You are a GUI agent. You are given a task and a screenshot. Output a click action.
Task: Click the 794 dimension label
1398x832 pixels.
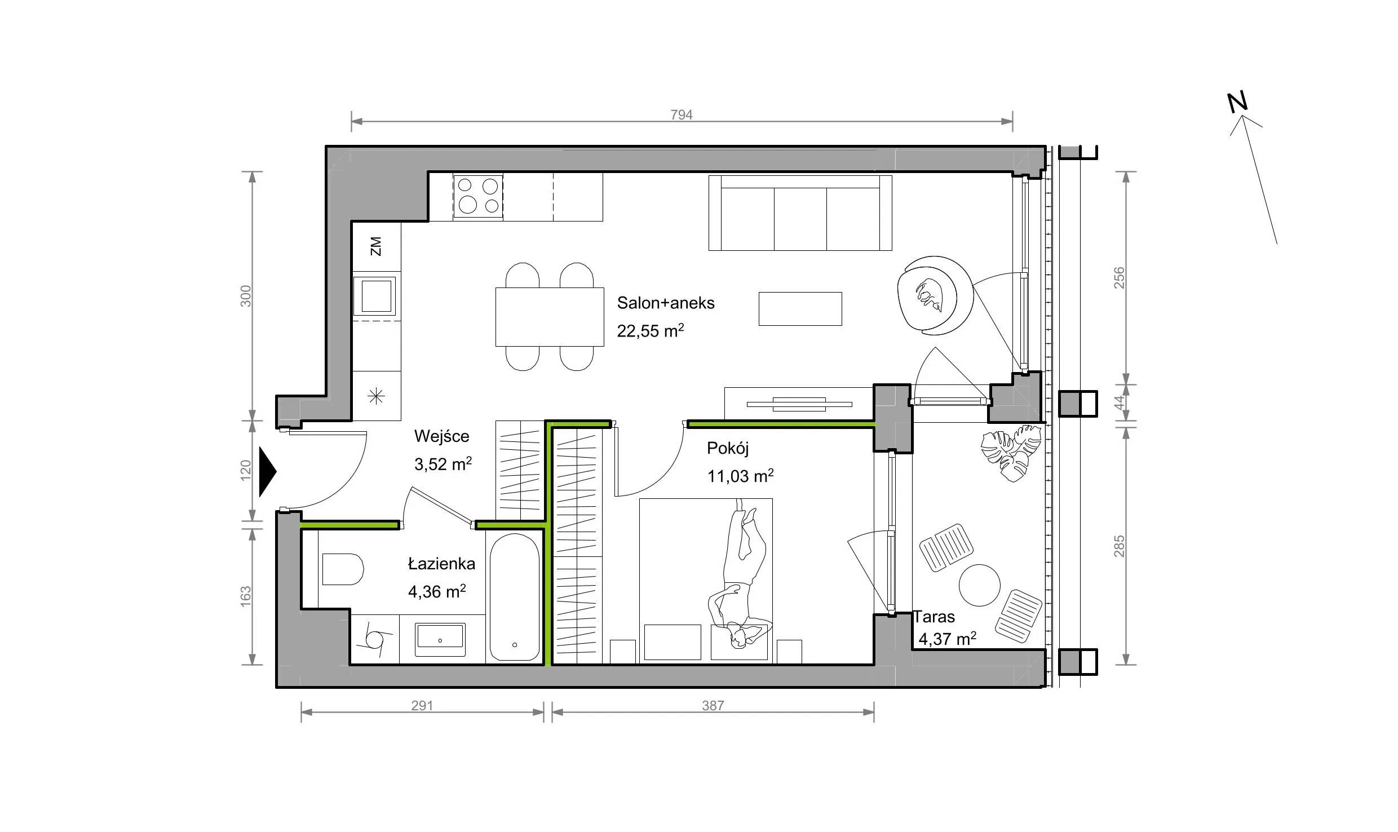pos(681,115)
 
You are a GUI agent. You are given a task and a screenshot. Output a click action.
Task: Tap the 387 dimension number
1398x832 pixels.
pos(713,706)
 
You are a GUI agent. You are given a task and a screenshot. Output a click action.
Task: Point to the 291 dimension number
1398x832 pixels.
pos(422,706)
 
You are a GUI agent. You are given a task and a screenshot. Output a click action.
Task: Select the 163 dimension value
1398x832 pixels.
pos(246,597)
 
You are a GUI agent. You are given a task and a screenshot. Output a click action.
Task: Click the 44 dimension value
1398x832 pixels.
pos(1119,402)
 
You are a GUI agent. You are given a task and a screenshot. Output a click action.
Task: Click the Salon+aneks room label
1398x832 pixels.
pos(666,303)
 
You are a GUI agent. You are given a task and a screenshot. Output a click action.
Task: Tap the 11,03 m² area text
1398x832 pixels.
pos(740,476)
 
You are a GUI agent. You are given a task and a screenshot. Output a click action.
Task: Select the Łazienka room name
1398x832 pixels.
pos(441,564)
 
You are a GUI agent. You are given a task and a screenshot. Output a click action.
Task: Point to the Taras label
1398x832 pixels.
pos(934,617)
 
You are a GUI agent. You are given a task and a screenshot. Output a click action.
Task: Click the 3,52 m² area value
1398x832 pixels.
pos(443,464)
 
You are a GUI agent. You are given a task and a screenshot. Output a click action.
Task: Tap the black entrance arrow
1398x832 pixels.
pos(267,472)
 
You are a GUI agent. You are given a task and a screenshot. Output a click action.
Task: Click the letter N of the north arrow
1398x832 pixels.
pos(1238,102)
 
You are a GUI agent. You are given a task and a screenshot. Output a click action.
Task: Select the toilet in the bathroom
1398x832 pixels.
pos(341,569)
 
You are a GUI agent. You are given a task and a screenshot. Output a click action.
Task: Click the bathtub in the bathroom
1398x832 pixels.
pos(514,598)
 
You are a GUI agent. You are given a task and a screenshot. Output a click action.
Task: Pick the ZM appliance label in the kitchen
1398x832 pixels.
pos(376,246)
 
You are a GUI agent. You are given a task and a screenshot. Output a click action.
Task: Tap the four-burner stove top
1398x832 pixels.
pos(478,196)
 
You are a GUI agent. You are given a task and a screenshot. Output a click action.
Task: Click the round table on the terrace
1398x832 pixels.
pos(980,585)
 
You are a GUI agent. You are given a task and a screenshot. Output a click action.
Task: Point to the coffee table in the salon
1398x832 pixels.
pos(800,309)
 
